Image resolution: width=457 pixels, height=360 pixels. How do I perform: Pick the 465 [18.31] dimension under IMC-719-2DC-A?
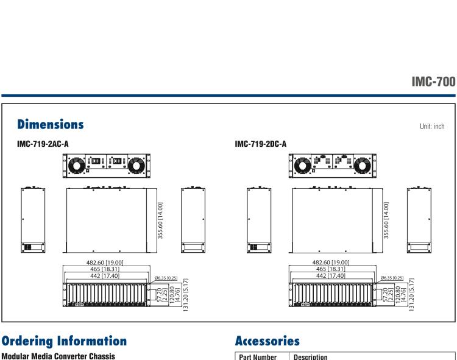pyautogui.click(x=331, y=269)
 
